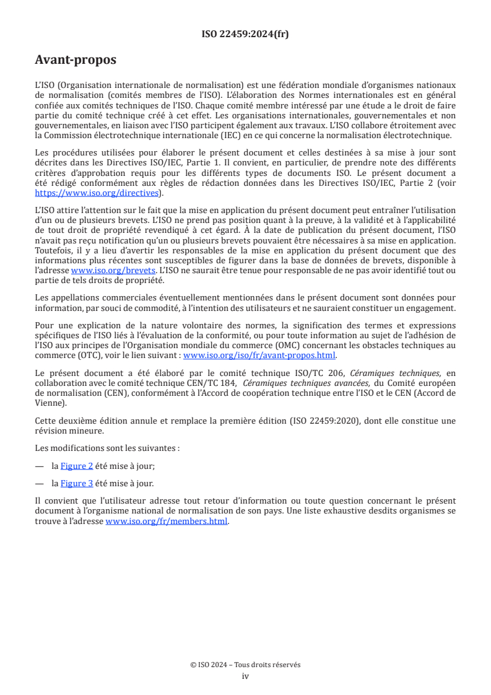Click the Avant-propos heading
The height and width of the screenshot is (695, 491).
(76, 60)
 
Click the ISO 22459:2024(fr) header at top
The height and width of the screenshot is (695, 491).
(245, 34)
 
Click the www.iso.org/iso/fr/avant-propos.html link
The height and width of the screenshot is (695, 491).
(259, 355)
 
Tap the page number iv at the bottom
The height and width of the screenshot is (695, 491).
(245, 676)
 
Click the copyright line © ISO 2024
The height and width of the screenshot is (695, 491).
(245, 665)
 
